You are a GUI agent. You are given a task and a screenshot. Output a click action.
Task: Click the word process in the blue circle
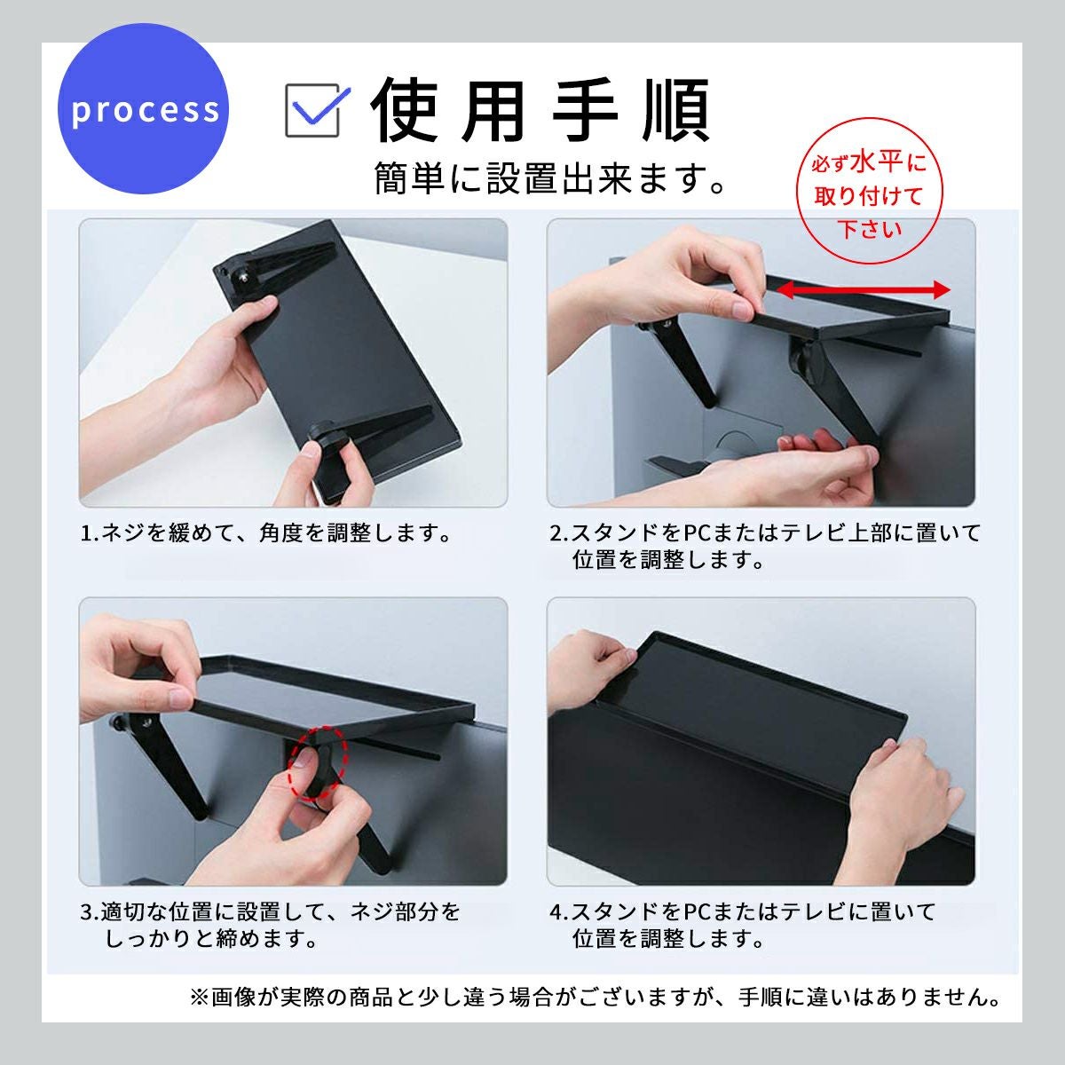coord(146,109)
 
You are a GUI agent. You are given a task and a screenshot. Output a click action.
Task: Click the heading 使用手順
coord(540,110)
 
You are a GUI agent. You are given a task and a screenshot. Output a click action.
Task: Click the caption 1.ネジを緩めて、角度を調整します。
coord(266,533)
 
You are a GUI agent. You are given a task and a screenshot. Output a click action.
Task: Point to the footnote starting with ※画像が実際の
coord(595,997)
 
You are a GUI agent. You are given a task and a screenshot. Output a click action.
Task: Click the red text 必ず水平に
coord(869,163)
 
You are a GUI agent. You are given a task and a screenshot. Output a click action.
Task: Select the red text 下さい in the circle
coord(870,229)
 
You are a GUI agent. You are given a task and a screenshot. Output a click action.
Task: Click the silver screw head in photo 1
coord(242,272)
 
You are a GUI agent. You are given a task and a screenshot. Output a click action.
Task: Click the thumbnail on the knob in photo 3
coord(302,759)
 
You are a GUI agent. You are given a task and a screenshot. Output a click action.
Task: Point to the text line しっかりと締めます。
coord(211,938)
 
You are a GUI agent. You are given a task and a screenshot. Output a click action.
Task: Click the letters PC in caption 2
coord(698,533)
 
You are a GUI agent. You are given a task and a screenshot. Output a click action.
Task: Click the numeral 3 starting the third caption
coord(87,912)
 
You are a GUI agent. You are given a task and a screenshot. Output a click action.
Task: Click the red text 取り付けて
coord(868,196)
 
